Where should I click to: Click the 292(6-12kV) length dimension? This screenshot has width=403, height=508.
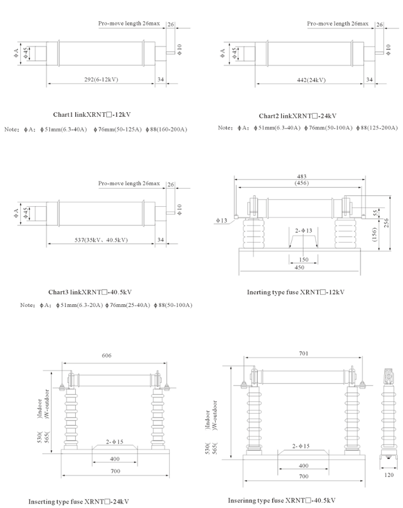pos(100,80)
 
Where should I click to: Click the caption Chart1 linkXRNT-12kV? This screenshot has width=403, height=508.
pos(88,114)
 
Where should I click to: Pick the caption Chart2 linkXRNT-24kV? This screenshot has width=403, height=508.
pos(297,115)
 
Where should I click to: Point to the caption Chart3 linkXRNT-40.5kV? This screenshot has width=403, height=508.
pos(90,292)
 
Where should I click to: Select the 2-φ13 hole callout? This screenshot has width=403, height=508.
pos(303,231)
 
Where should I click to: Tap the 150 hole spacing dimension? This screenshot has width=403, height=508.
pos(303,259)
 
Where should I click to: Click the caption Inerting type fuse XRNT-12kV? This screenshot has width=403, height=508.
pos(295,292)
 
